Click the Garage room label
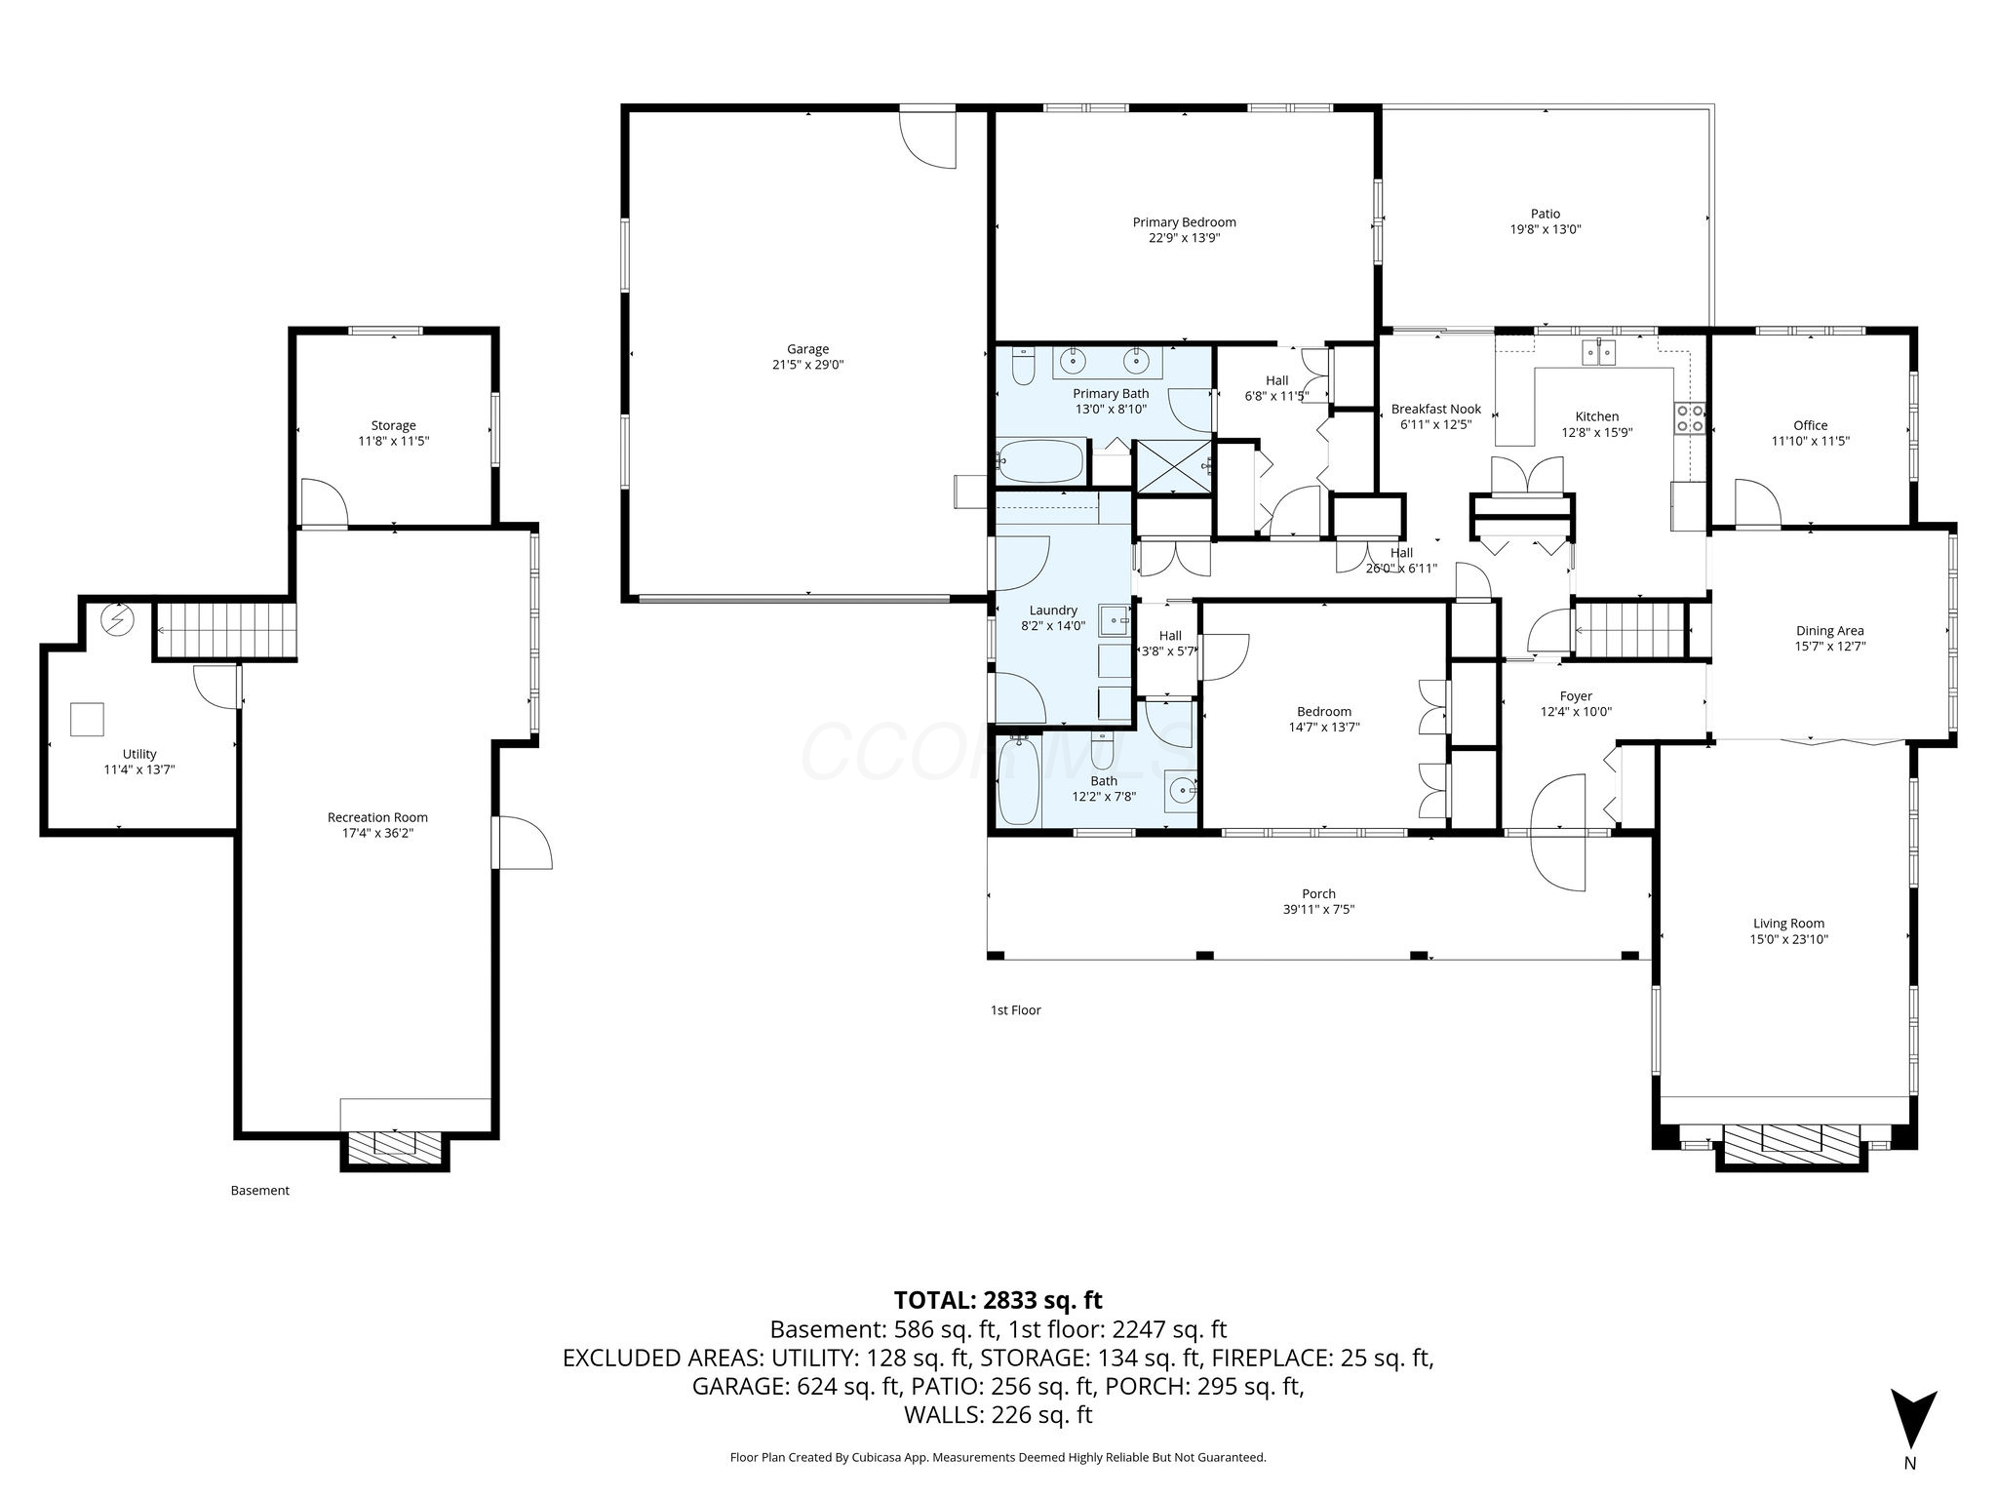tap(807, 349)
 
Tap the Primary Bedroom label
tap(1184, 222)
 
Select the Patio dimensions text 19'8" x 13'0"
tap(1546, 230)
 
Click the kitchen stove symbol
tap(1691, 417)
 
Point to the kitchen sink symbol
tap(1600, 351)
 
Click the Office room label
tap(1811, 425)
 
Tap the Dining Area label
tap(1830, 630)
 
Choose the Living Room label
tap(1788, 924)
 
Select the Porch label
tap(1318, 893)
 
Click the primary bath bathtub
tap(1039, 461)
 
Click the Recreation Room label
tap(377, 817)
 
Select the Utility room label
tap(139, 754)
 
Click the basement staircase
tap(227, 630)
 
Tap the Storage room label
tap(393, 425)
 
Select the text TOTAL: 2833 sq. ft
tap(998, 1300)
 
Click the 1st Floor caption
tap(1015, 1010)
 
